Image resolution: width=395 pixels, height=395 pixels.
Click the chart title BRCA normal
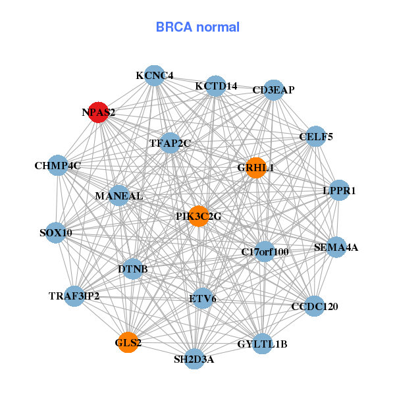point(197,28)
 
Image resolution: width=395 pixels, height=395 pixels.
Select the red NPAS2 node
point(99,112)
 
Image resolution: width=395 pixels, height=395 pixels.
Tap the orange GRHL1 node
point(255,168)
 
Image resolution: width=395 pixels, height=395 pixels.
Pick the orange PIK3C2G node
point(199,217)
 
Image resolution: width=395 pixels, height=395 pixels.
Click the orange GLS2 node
point(128,342)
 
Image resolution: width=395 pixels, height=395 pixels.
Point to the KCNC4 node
point(154,75)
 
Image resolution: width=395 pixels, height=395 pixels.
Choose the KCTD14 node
point(216,86)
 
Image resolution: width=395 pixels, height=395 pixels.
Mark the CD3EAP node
point(274,90)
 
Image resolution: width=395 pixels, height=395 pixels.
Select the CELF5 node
point(316,136)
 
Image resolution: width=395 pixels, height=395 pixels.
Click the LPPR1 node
point(339,190)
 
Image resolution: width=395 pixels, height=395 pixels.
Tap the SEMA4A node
point(336,248)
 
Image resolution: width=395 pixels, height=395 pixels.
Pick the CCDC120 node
point(314,306)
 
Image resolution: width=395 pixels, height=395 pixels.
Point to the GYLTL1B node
point(262,344)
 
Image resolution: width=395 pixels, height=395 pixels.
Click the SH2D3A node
point(194,359)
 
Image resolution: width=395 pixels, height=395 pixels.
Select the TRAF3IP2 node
point(74,296)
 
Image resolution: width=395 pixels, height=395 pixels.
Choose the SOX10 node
point(56,232)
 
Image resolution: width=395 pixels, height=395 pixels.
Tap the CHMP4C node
point(58,165)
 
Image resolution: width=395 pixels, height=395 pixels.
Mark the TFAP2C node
point(170,143)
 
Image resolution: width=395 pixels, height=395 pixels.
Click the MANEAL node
point(118,196)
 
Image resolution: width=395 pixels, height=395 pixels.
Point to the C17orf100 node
point(265,251)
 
